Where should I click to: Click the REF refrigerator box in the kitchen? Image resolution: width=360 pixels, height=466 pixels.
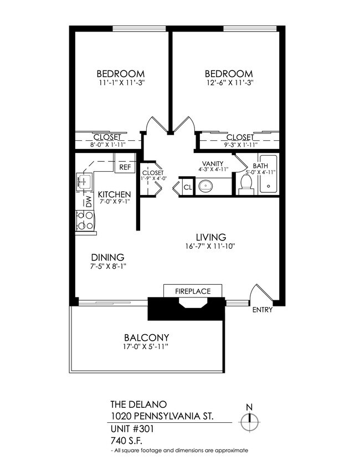(x=125, y=166)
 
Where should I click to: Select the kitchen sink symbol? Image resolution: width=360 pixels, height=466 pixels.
(x=84, y=180)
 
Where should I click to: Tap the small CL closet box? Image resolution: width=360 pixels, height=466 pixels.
(x=187, y=187)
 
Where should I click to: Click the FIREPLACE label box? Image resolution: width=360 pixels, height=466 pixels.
(x=192, y=290)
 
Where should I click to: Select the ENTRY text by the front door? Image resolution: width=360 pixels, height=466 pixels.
(x=262, y=310)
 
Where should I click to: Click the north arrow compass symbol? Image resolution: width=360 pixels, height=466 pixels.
(x=249, y=422)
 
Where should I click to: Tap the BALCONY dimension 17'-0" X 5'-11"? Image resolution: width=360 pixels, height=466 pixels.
(x=146, y=347)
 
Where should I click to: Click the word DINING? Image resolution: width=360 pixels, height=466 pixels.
(x=107, y=257)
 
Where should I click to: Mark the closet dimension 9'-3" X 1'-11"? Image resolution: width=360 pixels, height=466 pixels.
(x=240, y=145)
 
